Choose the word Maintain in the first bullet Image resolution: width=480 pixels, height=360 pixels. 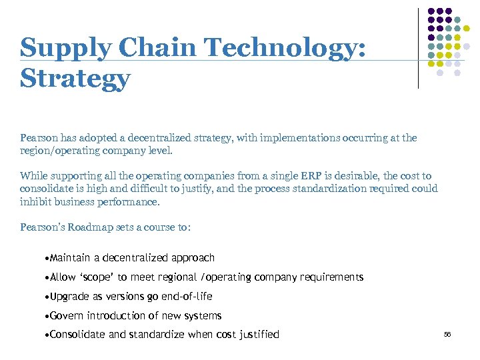[x=71, y=258]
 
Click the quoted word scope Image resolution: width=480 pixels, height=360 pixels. [x=97, y=277]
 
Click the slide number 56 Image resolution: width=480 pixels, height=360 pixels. [x=447, y=335]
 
